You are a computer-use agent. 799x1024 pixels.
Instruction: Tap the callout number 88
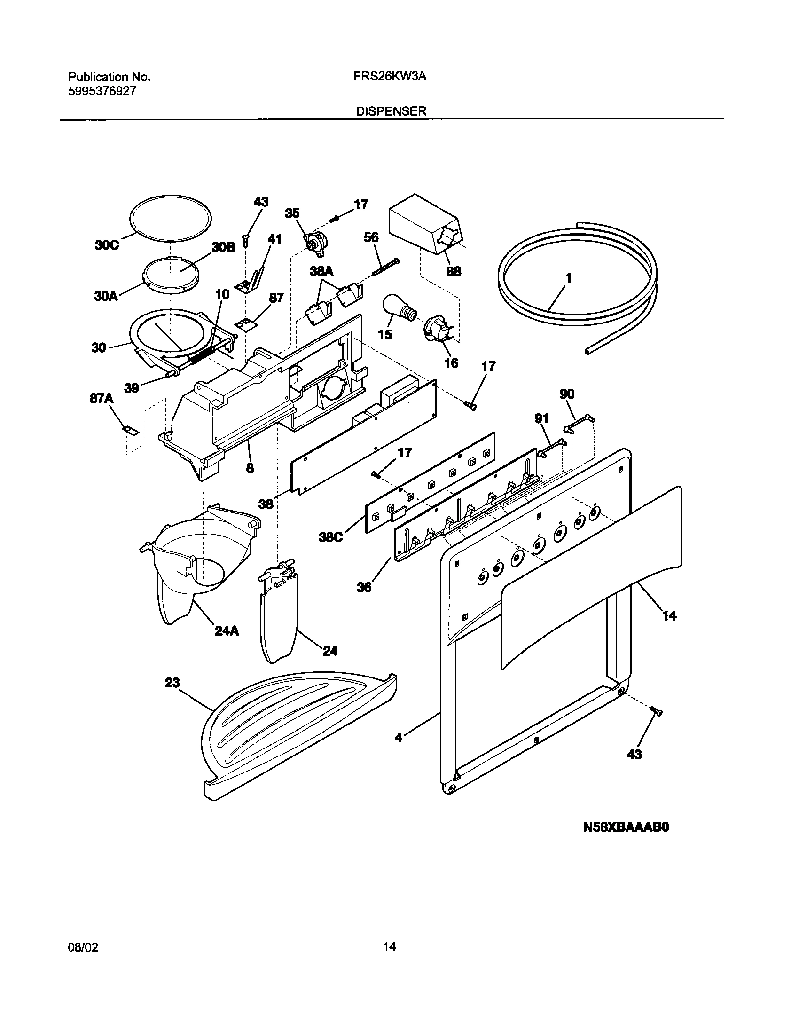click(x=454, y=271)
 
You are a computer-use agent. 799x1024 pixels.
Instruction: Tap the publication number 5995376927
click(x=102, y=91)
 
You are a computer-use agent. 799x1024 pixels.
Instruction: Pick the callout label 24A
click(x=227, y=631)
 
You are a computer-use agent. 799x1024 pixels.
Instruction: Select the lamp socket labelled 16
click(x=436, y=329)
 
